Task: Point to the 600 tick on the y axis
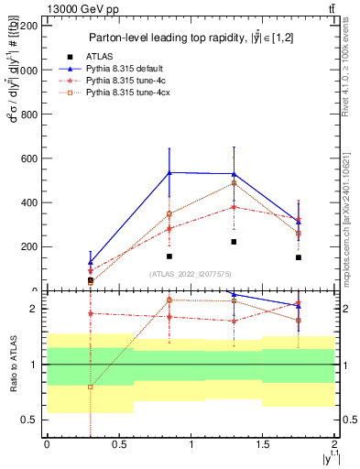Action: (x=29, y=158)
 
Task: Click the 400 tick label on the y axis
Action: (x=29, y=202)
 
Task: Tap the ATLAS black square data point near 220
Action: (x=234, y=242)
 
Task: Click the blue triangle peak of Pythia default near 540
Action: (x=169, y=172)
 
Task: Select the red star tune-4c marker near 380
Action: (x=234, y=207)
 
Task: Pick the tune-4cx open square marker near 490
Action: (x=234, y=183)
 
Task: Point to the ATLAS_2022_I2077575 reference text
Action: (x=191, y=273)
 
